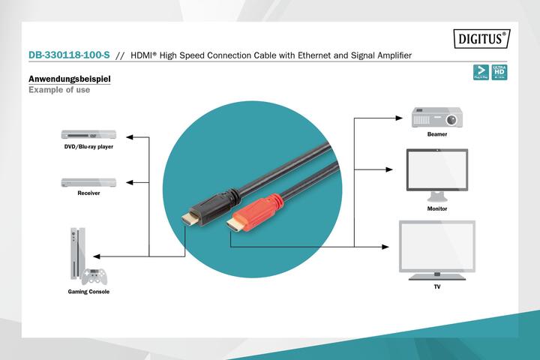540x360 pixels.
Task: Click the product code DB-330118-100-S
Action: [x=68, y=55]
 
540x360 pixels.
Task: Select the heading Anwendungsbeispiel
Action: [x=70, y=79]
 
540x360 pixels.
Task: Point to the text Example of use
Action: [x=59, y=90]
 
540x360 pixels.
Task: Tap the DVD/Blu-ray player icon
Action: [x=88, y=135]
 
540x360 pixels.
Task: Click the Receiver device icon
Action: [x=88, y=182]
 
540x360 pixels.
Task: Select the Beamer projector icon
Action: [x=436, y=118]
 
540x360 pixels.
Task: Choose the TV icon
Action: [x=436, y=247]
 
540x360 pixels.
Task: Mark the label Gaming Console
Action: [x=88, y=292]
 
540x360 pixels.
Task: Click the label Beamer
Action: [x=437, y=134]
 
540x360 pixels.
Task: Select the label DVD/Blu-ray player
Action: [x=88, y=147]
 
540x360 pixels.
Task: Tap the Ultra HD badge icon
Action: [x=499, y=72]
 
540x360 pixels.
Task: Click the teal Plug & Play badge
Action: [x=481, y=72]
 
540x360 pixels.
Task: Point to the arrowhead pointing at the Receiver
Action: [x=130, y=182]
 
